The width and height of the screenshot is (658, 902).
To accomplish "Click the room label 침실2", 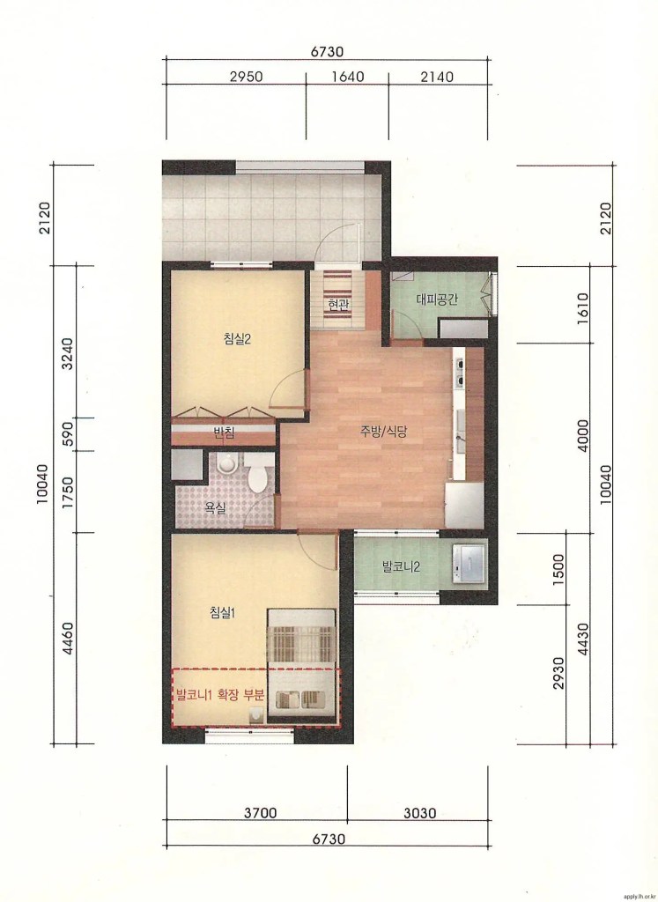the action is [237, 338].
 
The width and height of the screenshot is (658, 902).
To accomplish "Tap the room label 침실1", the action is [223, 613].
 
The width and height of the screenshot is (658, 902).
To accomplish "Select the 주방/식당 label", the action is [384, 432].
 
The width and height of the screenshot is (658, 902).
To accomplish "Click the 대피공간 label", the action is [437, 299].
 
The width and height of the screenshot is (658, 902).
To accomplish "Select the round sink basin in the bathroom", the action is [227, 463].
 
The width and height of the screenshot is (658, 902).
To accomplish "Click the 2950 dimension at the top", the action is [246, 77].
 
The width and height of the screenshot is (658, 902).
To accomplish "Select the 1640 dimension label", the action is [347, 77].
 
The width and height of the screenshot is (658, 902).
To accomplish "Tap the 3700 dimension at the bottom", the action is [260, 813].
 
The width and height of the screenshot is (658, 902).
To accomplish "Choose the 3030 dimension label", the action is [419, 813].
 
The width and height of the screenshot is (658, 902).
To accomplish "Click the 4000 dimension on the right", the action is [582, 435].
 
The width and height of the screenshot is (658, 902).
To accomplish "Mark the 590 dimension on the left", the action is [68, 434].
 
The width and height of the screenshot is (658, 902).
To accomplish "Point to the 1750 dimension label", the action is [68, 492].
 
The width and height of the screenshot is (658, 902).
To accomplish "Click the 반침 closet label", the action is [223, 433].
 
